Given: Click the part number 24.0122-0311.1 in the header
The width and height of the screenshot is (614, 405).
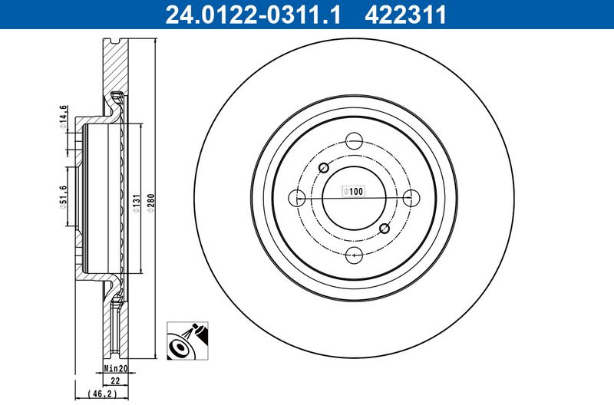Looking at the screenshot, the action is pos(253,15).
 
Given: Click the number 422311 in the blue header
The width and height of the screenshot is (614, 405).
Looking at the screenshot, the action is pos(405,15).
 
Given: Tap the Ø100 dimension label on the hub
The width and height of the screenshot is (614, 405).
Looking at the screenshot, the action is pos(354,191).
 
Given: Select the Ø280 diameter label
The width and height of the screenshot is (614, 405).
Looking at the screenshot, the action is pos(151,202).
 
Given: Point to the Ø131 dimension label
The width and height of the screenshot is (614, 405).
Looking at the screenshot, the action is pos(136,202).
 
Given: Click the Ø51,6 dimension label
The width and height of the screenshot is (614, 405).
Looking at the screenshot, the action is pos(63,197).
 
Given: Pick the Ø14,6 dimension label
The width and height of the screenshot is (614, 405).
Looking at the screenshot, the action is pos(63,117).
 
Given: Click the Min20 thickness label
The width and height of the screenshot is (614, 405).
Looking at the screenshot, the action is pos(116,368).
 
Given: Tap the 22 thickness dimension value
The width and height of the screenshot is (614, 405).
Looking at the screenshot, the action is pos(115,380).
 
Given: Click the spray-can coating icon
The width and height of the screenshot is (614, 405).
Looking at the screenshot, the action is pos(187,341).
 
